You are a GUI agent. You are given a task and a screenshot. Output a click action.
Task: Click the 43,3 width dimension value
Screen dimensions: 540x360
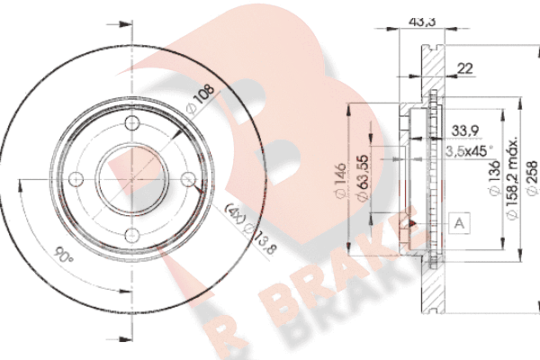pyautogui.click(x=422, y=22)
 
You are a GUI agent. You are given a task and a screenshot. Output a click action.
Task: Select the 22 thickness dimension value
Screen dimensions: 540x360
pyautogui.click(x=465, y=68)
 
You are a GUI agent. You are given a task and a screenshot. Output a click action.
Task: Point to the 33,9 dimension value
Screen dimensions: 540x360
pyautogui.click(x=465, y=130)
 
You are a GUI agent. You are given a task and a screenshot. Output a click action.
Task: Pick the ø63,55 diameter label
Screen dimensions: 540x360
pyautogui.click(x=363, y=178)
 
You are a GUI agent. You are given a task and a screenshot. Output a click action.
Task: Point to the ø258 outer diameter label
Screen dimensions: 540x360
pyautogui.click(x=532, y=178)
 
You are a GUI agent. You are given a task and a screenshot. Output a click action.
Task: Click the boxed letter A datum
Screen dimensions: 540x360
pyautogui.click(x=459, y=223)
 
